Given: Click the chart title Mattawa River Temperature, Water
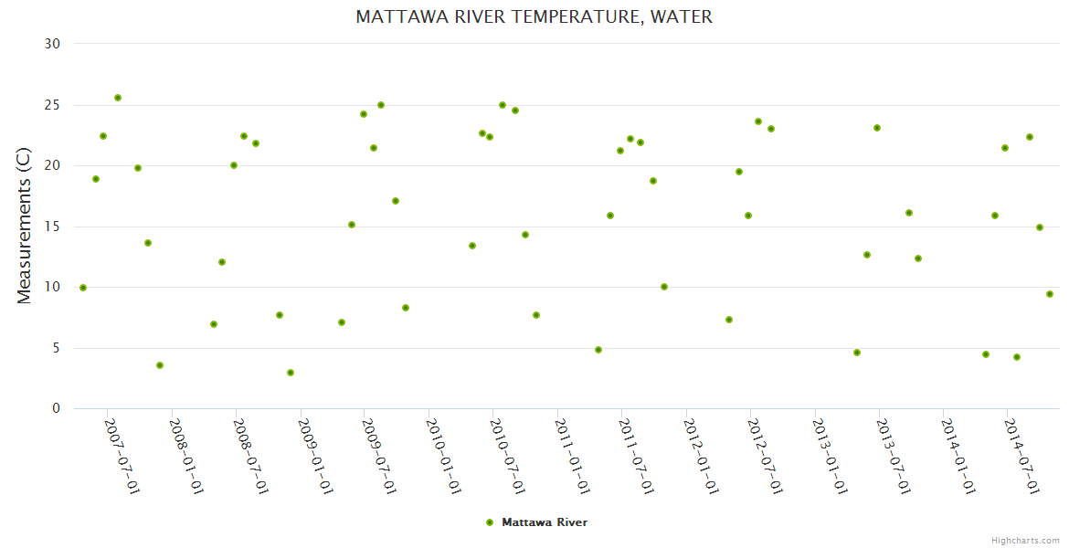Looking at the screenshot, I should point(534,17).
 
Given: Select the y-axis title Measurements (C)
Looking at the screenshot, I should point(25,227).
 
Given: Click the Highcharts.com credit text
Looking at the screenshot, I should point(1025,540).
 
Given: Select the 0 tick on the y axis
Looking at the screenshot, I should point(56,409).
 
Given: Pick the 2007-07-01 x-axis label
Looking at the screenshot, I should point(122,457).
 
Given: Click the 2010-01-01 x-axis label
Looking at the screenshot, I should point(442,457).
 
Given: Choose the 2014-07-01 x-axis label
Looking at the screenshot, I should point(1021,457).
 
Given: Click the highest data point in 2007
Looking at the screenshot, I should point(118,98).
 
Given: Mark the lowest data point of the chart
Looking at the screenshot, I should point(291,373).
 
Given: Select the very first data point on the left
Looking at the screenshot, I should point(83,288).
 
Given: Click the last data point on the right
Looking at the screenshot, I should point(1050,294).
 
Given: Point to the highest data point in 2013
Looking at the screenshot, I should point(877,128).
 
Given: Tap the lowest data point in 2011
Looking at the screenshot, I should point(598,350).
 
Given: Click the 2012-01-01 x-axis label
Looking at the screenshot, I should point(700,457).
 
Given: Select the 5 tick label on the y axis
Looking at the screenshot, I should point(56,348).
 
